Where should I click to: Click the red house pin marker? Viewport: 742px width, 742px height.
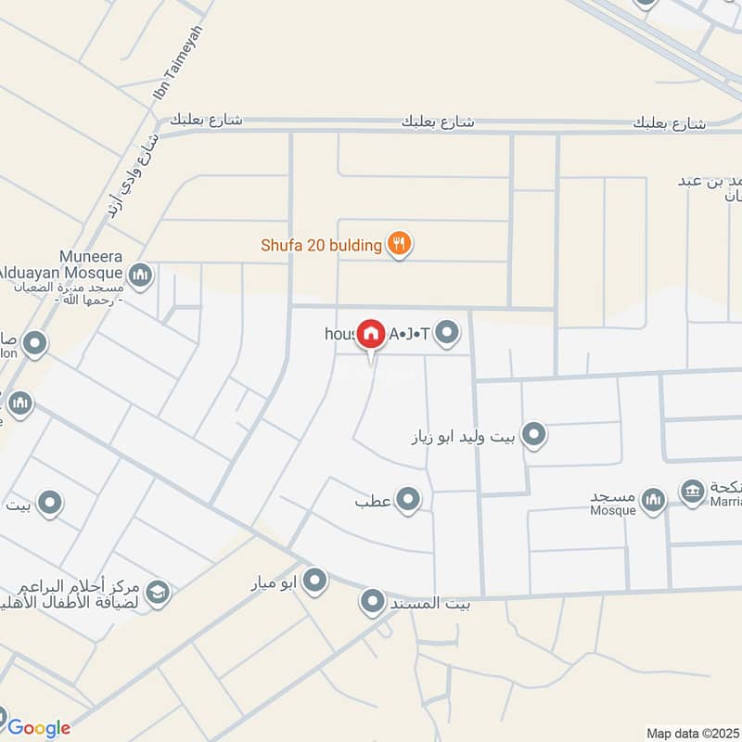[371, 334]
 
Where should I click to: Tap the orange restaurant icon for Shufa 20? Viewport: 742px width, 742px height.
[399, 245]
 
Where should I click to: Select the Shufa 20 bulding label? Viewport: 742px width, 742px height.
[321, 246]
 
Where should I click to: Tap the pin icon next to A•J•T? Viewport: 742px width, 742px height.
[448, 332]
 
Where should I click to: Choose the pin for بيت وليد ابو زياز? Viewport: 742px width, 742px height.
[532, 434]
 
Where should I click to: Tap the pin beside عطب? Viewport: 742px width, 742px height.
[407, 501]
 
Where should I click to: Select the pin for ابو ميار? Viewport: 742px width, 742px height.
[315, 582]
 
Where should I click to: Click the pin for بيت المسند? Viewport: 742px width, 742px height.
[373, 603]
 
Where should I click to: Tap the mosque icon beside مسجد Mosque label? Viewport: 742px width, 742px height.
[654, 501]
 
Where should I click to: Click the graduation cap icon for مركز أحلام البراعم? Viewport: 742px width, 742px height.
[158, 592]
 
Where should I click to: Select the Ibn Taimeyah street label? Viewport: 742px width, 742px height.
[177, 64]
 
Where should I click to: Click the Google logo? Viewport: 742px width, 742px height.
[39, 728]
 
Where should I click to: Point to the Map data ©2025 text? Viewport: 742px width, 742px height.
[691, 733]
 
